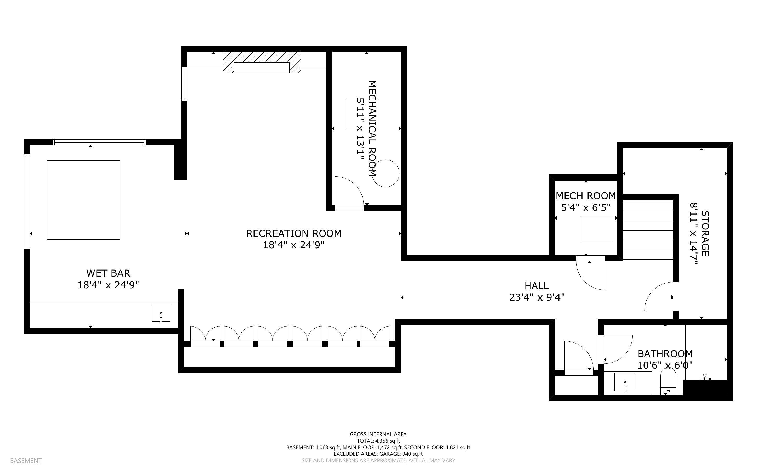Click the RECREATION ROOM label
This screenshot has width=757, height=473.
pyautogui.click(x=293, y=233)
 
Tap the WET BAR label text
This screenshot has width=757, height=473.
pyautogui.click(x=108, y=273)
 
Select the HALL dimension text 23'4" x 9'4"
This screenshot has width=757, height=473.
pyautogui.click(x=537, y=297)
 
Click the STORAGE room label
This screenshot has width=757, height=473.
pyautogui.click(x=705, y=233)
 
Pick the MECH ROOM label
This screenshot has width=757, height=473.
pyautogui.click(x=586, y=196)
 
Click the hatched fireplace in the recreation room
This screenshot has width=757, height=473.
pyautogui.click(x=262, y=63)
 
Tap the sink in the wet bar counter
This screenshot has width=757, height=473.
pyautogui.click(x=161, y=314)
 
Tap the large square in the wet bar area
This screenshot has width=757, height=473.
pyautogui.click(x=83, y=200)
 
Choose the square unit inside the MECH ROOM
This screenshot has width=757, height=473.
pyautogui.click(x=596, y=229)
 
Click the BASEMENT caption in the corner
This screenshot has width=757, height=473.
pyautogui.click(x=26, y=460)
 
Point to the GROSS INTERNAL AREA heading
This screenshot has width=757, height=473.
pyautogui.click(x=378, y=434)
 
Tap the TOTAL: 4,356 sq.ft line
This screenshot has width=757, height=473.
pyautogui.click(x=378, y=441)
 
